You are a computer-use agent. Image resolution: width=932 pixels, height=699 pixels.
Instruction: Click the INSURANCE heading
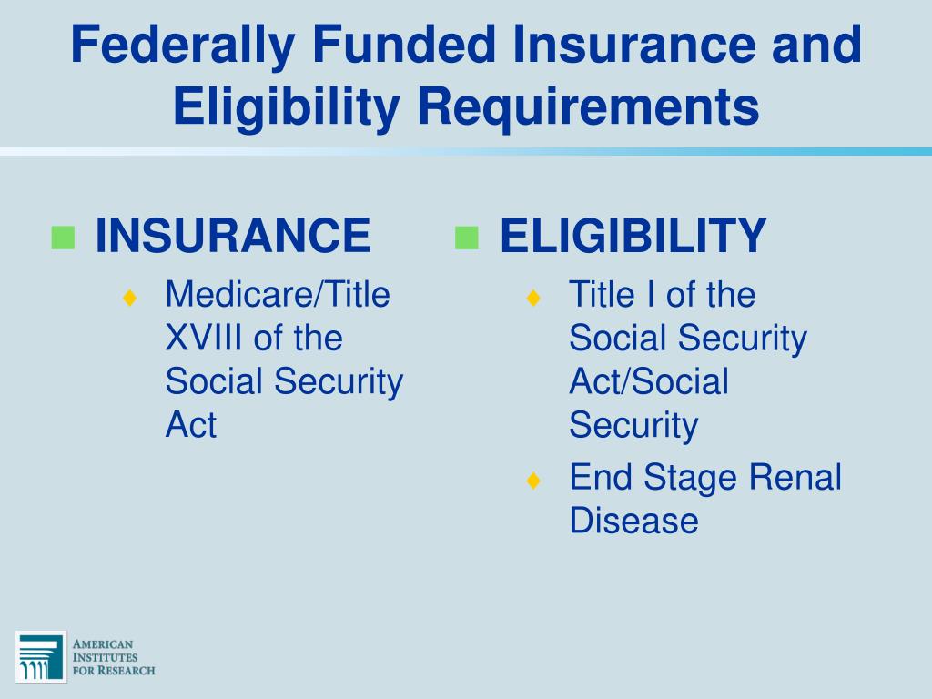click(233, 237)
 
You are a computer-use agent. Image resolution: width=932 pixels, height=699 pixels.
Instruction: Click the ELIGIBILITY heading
click(633, 237)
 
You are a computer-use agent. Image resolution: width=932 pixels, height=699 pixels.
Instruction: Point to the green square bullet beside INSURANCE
click(63, 238)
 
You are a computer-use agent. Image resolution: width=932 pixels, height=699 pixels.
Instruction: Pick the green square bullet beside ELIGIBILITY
click(466, 238)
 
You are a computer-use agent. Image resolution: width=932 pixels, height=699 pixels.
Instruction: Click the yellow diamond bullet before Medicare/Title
click(130, 298)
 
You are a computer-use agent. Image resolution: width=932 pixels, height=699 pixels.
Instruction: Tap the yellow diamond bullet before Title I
click(533, 298)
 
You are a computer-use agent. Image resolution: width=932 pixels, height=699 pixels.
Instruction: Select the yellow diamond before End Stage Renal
click(533, 481)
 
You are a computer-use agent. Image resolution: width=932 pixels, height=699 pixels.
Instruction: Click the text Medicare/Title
click(278, 295)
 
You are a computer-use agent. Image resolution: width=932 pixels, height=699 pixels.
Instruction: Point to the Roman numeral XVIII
click(205, 339)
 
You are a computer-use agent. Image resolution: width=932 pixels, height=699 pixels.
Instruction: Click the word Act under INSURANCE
click(190, 425)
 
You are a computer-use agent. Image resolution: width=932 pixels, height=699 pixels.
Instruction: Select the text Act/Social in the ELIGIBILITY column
click(649, 381)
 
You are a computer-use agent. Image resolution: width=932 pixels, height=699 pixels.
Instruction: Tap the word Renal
click(801, 477)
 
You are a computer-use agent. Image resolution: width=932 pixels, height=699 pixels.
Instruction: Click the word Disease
click(633, 521)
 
